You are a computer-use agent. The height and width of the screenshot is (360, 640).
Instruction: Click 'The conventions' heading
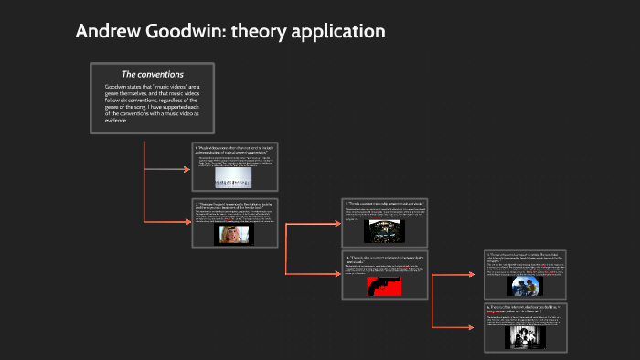tap(153, 74)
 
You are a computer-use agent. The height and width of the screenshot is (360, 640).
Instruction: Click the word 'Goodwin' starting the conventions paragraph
tap(117, 88)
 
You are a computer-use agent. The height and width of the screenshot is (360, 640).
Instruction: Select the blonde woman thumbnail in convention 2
tap(233, 234)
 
